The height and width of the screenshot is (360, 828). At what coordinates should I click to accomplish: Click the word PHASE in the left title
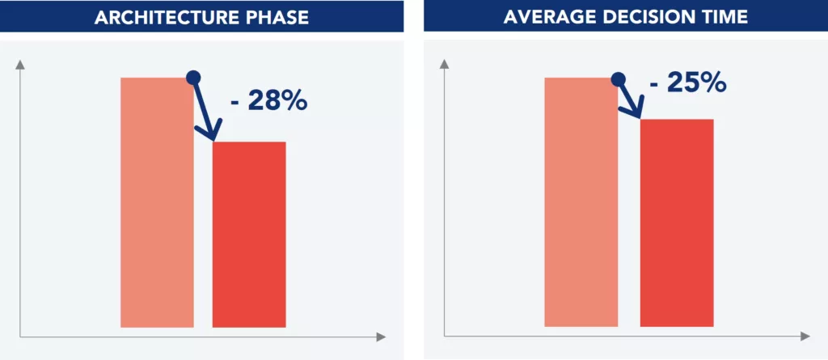click(x=277, y=17)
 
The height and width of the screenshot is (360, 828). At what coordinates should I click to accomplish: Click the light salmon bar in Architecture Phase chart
click(x=157, y=202)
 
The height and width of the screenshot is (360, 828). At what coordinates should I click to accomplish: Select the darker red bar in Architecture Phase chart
click(x=249, y=235)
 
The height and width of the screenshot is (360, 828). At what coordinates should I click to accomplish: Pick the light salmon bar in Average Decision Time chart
click(x=581, y=202)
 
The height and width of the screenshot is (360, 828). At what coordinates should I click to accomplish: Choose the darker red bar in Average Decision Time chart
click(x=677, y=222)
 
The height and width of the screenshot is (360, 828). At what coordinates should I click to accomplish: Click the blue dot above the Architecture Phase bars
click(x=193, y=78)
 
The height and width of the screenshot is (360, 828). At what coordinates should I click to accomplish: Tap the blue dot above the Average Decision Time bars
click(x=618, y=78)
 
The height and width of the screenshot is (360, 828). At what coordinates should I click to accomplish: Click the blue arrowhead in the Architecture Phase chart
click(x=213, y=133)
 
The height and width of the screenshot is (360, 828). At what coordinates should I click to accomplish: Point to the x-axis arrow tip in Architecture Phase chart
click(x=382, y=336)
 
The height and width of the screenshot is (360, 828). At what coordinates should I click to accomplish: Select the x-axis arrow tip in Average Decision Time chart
click(x=805, y=336)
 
